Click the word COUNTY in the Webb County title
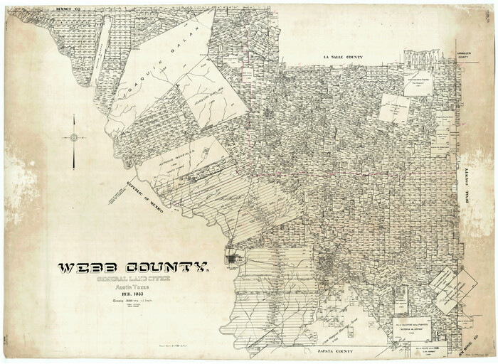(x=168, y=269)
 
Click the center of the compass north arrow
(x=73, y=138)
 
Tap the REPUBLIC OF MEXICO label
(x=147, y=199)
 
